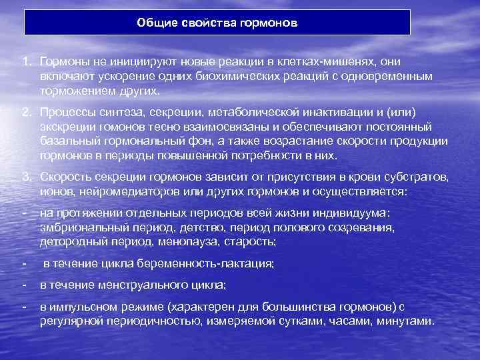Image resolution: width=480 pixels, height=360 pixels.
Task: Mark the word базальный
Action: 69,141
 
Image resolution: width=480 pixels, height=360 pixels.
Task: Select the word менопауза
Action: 193,242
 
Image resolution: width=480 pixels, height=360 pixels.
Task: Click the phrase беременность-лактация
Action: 193,264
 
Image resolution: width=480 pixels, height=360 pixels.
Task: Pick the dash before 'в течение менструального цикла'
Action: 24,285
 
